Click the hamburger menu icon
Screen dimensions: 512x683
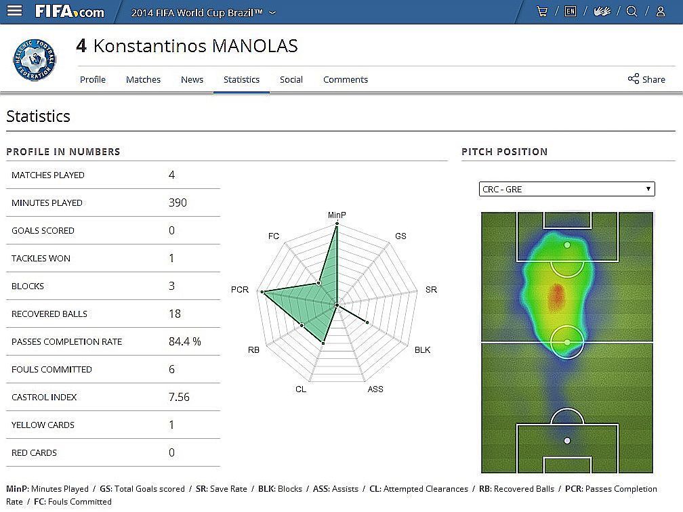tap(14, 12)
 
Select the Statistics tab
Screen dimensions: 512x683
tap(241, 79)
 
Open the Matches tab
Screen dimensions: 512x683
tap(143, 79)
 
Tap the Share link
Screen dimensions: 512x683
tap(646, 79)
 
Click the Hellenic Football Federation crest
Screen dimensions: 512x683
tap(35, 60)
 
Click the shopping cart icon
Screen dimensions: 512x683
tap(541, 12)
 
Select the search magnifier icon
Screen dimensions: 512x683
tap(632, 12)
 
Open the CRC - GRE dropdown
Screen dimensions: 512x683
tap(566, 189)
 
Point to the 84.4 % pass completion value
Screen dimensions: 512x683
tap(184, 341)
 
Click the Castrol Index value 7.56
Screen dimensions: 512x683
tap(179, 397)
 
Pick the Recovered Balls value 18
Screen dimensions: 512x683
tap(174, 314)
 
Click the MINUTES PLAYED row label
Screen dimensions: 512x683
tap(47, 202)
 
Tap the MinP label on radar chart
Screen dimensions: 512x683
tap(337, 215)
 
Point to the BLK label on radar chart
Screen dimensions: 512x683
tap(422, 350)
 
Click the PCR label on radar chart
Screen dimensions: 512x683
tap(240, 290)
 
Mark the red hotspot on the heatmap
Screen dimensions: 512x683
tap(556, 297)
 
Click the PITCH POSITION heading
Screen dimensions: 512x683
tap(504, 152)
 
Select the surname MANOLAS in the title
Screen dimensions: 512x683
tap(255, 46)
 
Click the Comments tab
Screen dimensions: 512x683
tap(345, 79)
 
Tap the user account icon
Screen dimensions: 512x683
tap(660, 12)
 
